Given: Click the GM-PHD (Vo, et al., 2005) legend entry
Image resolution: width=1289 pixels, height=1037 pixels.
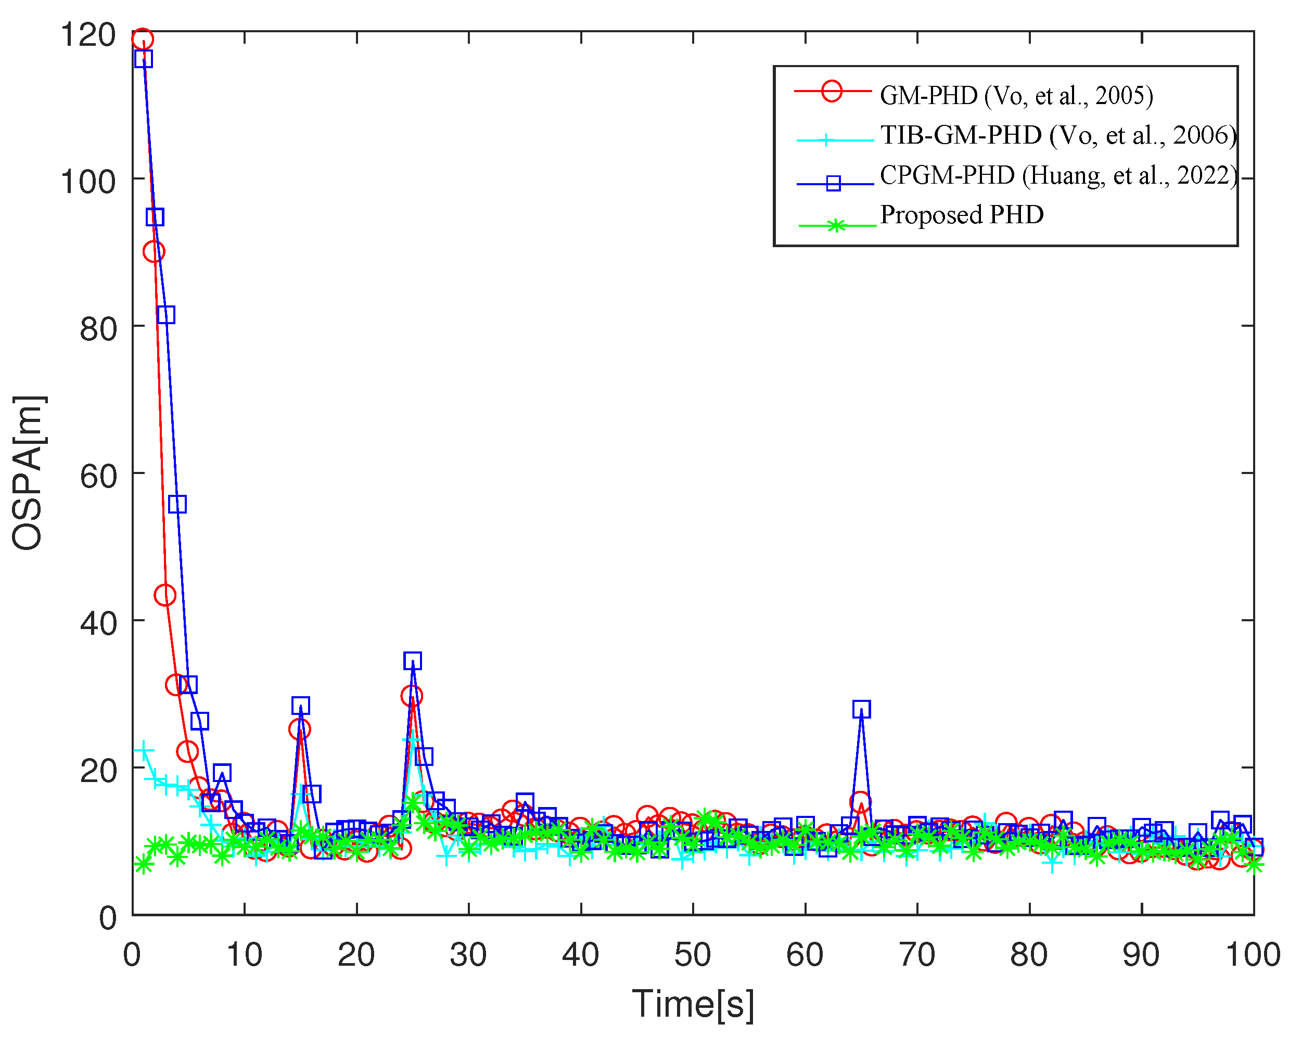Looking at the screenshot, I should click(1016, 96).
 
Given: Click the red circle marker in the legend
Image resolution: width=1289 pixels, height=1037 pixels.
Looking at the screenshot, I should click(832, 92).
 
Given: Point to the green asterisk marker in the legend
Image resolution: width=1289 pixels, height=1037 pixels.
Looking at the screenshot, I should click(836, 226).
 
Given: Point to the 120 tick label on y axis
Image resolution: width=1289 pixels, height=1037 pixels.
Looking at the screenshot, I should click(88, 35).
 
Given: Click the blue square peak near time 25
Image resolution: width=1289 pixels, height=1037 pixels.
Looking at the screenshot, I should click(413, 661).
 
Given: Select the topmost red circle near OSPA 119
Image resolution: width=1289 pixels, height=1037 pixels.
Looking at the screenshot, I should click(142, 40).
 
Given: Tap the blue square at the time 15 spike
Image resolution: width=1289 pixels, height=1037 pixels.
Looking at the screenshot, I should click(301, 705).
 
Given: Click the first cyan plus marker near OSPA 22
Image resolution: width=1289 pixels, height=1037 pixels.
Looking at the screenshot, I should click(144, 751).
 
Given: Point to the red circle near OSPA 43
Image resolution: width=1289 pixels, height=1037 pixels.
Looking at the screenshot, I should click(165, 595).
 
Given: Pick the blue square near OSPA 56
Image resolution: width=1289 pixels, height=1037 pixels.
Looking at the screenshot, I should click(177, 504).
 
